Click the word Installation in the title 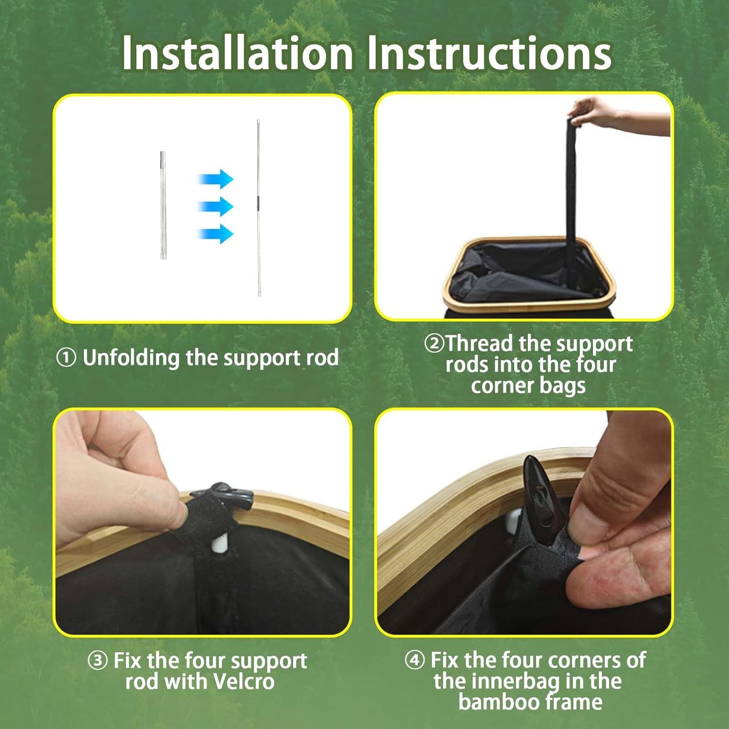[238, 52]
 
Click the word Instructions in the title [489, 52]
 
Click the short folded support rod [163, 205]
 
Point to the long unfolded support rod [259, 208]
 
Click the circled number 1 [67, 358]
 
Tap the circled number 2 [434, 344]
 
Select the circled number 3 [98, 660]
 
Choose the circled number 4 [415, 660]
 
